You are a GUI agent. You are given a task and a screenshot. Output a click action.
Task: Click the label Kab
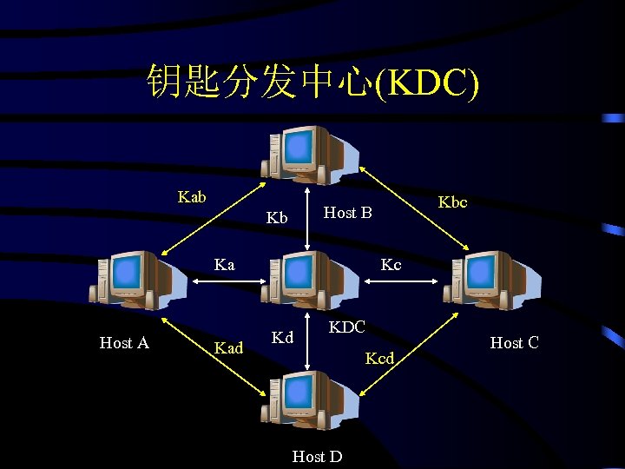pyautogui.click(x=192, y=197)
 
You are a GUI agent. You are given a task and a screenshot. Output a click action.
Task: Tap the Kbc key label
pyautogui.click(x=452, y=202)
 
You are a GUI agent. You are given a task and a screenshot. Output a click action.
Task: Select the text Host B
pyautogui.click(x=347, y=213)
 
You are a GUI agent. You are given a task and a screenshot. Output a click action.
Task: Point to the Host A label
pyautogui.click(x=124, y=343)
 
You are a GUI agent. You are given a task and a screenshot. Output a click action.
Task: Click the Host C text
pyautogui.click(x=514, y=343)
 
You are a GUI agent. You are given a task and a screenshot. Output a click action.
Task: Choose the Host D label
pyautogui.click(x=317, y=456)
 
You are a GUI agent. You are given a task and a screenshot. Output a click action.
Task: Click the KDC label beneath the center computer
pyautogui.click(x=346, y=327)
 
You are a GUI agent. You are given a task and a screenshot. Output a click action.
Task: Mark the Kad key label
pyautogui.click(x=228, y=348)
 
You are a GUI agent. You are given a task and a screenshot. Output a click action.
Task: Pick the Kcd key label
pyautogui.click(x=379, y=358)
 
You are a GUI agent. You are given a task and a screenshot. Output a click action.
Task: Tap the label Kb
pyautogui.click(x=277, y=218)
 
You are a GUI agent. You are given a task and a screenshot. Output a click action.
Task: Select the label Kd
pyautogui.click(x=282, y=337)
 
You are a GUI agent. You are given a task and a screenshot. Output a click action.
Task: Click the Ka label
pyautogui.click(x=224, y=265)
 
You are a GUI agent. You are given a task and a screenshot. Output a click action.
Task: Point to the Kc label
pyautogui.click(x=391, y=265)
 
